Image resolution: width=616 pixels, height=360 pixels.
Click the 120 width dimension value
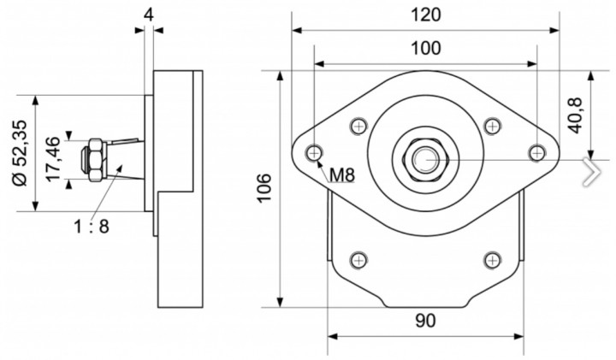(426, 15)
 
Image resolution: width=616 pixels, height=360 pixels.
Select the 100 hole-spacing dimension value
(426, 49)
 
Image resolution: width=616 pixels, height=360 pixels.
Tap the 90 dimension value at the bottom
(425, 321)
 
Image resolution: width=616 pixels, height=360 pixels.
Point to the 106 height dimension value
(264, 187)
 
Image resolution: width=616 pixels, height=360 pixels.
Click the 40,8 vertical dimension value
(576, 115)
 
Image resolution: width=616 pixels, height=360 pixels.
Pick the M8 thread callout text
(341, 175)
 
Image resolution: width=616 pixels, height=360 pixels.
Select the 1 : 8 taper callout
(92, 227)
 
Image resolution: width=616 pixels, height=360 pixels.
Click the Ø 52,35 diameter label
(21, 152)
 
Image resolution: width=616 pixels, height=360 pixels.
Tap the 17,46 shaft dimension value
(53, 159)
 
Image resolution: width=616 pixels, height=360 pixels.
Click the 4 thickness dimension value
(149, 15)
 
